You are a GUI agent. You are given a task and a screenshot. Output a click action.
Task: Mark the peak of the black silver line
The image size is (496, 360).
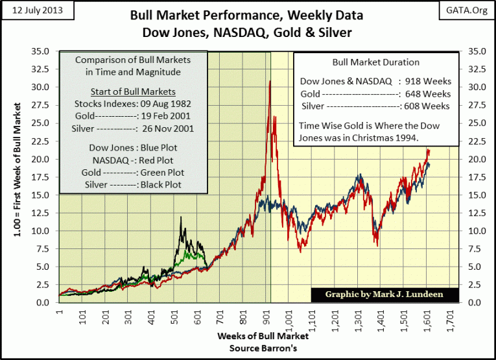(181, 217)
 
